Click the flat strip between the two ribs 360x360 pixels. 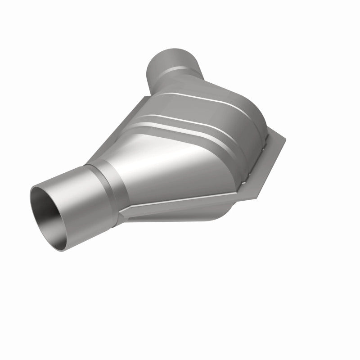(189, 110)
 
